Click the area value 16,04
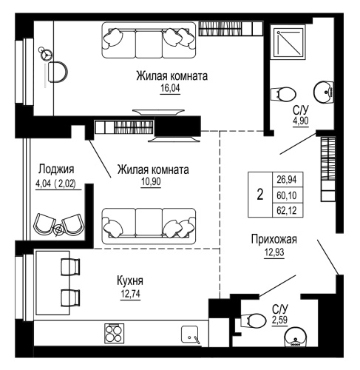170,87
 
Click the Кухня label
129,280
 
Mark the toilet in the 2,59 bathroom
255,319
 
